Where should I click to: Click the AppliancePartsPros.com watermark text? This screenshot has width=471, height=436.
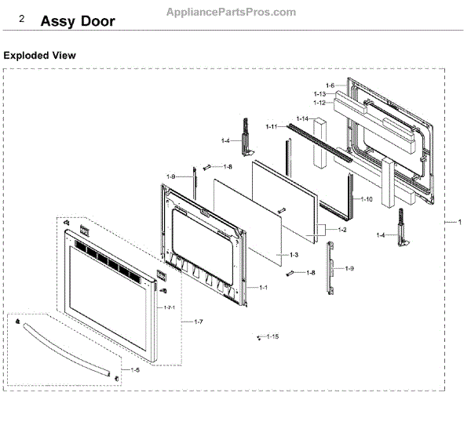coord(232,13)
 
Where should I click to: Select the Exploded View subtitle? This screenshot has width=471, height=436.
coord(40,56)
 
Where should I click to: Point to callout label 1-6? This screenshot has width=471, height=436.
coord(330,85)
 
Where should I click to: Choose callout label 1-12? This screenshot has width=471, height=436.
coord(319,103)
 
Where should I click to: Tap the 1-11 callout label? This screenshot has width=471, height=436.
coord(272,126)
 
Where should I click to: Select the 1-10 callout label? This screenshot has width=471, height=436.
coord(367,199)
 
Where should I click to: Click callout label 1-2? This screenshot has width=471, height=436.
coord(341,230)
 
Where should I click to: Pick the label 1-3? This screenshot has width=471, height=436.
coord(294,256)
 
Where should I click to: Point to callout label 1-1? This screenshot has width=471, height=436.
coord(264,287)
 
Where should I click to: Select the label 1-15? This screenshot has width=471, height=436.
coord(272,336)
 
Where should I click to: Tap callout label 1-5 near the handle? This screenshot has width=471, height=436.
coord(135,369)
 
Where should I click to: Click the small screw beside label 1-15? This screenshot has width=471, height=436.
coord(258,338)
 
